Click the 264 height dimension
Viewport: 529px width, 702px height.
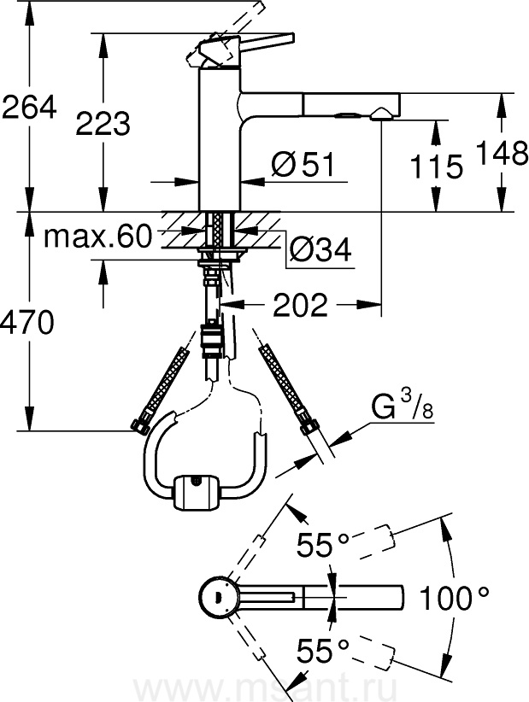[29, 107]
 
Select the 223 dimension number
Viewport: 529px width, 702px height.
[103, 123]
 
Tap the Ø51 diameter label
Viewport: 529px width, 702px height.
[303, 164]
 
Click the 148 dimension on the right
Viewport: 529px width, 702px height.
[502, 153]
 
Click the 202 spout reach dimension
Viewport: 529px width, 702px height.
[300, 306]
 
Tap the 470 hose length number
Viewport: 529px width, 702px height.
[27, 323]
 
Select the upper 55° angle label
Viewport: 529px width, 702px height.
[322, 544]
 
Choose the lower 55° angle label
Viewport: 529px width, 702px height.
[322, 650]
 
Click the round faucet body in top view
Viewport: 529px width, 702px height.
[216, 597]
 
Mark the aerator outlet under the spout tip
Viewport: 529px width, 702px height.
[381, 114]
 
